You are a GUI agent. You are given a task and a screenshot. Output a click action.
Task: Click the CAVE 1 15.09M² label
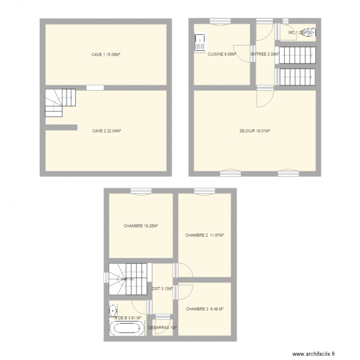point(106,55)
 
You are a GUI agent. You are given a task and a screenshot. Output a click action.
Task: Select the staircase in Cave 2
point(60,103)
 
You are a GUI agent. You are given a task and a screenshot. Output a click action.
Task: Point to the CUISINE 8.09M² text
point(222,55)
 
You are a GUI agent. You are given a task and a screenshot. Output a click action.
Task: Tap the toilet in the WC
point(311,33)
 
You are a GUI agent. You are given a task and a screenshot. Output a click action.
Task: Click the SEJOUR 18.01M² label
point(255,130)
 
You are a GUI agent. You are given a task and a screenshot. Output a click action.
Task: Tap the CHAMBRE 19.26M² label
point(141,226)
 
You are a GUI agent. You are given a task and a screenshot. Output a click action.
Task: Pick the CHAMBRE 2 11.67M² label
point(205,235)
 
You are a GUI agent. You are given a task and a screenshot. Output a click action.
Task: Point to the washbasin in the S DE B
point(113,310)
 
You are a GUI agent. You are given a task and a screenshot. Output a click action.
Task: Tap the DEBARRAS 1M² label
point(163,328)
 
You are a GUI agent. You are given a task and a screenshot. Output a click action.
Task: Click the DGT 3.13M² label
point(163,288)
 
